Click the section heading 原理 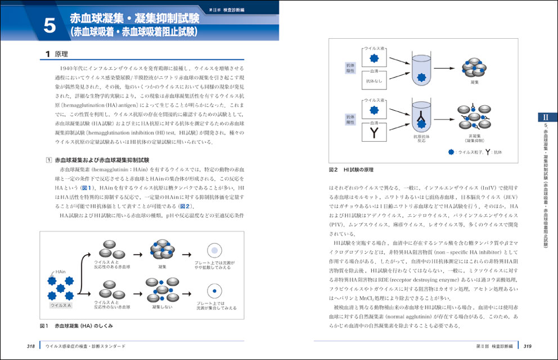tap(60, 55)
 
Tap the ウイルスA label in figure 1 tap(60, 304)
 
